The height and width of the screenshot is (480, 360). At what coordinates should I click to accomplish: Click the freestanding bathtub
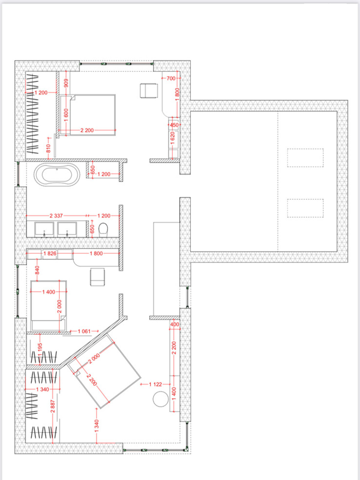(x=57, y=175)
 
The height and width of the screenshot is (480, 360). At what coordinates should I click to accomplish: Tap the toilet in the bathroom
(x=103, y=229)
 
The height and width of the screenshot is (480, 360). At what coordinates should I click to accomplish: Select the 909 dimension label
(x=66, y=83)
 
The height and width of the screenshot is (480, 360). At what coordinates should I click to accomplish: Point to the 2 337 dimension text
(x=56, y=216)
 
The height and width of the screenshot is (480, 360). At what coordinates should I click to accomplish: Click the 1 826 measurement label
(x=50, y=253)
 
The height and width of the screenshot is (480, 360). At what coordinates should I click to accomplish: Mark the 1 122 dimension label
(x=155, y=384)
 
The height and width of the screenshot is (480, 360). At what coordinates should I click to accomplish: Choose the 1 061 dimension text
(x=84, y=331)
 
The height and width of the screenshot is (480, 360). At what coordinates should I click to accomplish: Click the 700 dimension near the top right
(x=171, y=78)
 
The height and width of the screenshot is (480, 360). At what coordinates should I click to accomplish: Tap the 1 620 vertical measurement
(x=172, y=138)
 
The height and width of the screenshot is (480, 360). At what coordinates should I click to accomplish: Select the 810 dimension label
(x=49, y=148)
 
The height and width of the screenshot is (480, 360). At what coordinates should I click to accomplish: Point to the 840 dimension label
(x=37, y=270)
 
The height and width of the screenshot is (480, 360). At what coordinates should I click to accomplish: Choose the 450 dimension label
(x=174, y=125)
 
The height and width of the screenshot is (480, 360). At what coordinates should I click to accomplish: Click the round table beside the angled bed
(x=161, y=399)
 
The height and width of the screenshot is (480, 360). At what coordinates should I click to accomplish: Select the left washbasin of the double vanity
(x=44, y=229)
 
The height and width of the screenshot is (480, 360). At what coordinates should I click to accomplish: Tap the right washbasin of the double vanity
(x=67, y=229)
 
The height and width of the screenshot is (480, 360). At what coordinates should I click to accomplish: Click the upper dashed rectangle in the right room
(x=305, y=158)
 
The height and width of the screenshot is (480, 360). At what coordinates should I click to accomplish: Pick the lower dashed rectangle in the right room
(x=305, y=208)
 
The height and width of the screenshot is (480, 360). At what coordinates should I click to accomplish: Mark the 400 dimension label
(x=175, y=324)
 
